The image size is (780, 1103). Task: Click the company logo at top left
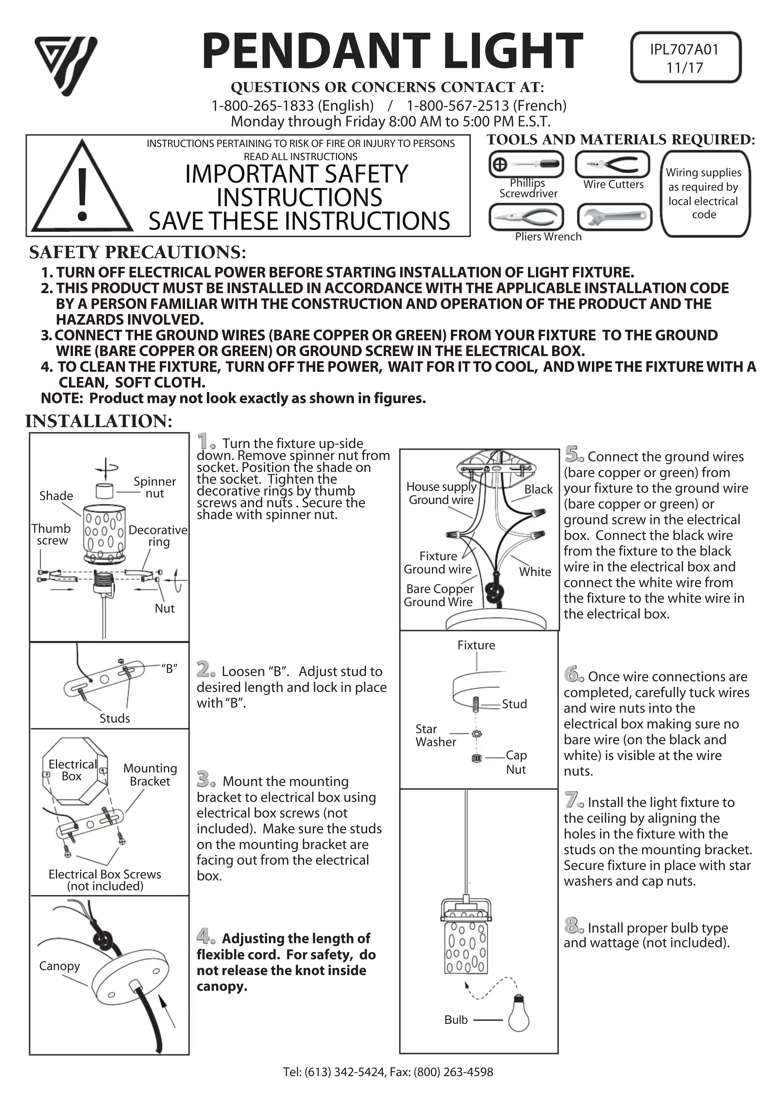(66, 65)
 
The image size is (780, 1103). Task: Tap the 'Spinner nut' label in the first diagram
(154, 487)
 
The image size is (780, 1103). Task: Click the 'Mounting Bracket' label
(150, 774)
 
